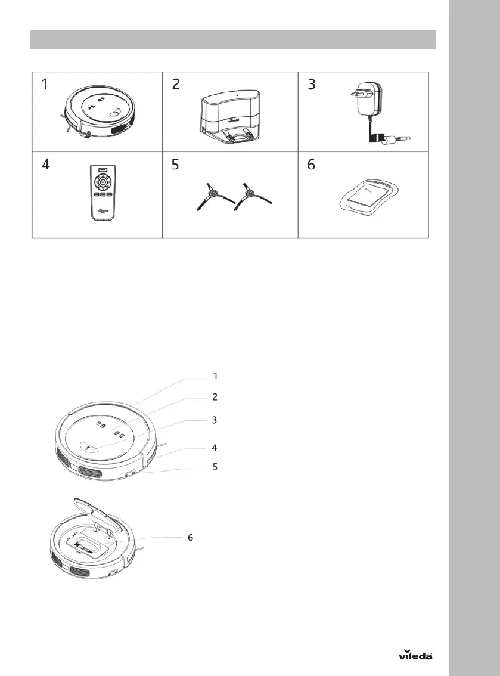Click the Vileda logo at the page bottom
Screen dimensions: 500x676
(x=415, y=655)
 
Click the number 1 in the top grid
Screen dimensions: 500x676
(x=45, y=85)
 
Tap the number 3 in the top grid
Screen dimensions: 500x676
(x=311, y=85)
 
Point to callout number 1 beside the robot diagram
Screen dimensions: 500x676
(x=216, y=376)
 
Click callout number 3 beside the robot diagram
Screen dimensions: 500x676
(x=216, y=420)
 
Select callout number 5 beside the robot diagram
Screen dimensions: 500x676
(x=216, y=467)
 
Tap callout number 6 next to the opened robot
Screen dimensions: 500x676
(x=191, y=537)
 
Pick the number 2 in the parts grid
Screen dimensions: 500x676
(x=175, y=85)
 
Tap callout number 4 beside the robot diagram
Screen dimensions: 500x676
(x=216, y=447)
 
